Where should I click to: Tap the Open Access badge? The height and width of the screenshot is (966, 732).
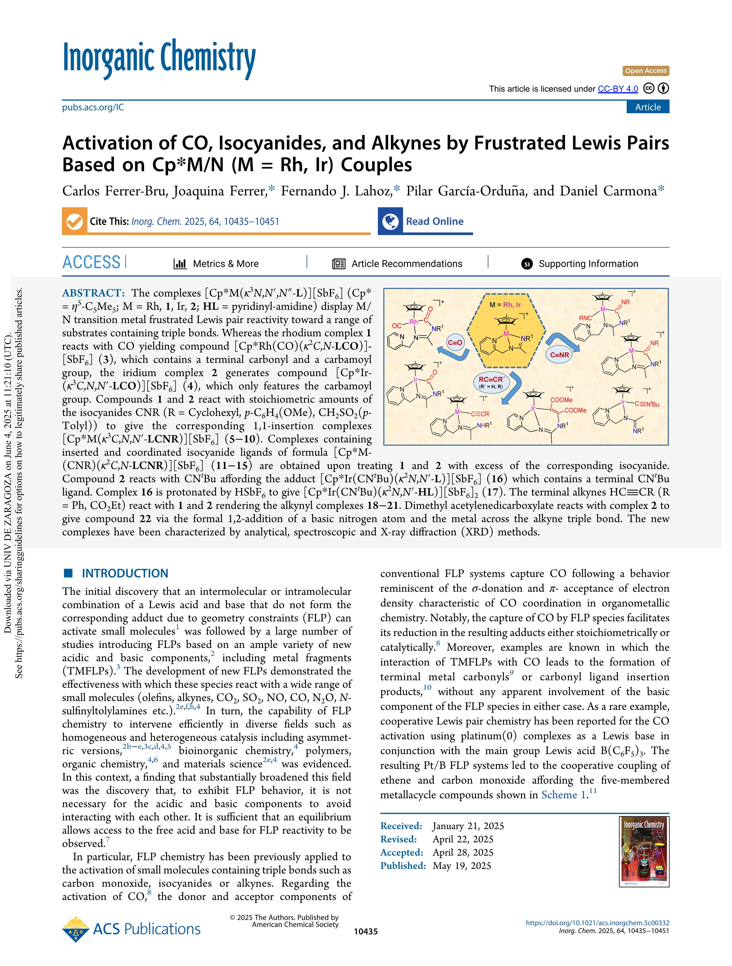pyautogui.click(x=645, y=71)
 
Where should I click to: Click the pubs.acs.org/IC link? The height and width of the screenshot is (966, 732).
pyautogui.click(x=93, y=107)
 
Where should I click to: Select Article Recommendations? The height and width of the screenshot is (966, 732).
pyautogui.click(x=407, y=264)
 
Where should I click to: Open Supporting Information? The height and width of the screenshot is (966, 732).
pyautogui.click(x=588, y=264)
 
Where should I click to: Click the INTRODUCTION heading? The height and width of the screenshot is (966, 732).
pyautogui.click(x=125, y=573)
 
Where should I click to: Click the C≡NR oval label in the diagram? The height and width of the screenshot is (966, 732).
pyautogui.click(x=559, y=355)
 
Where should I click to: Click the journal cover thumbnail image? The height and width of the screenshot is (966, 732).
pyautogui.click(x=644, y=852)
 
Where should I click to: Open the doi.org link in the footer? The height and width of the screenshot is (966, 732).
pyautogui.click(x=597, y=923)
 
